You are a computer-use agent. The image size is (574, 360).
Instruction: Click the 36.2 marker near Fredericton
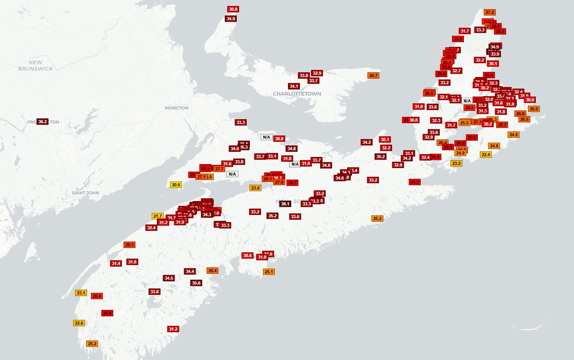click(43, 122)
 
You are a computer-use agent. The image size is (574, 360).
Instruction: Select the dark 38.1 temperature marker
click(285, 203)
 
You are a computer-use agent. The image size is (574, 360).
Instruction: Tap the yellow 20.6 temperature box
click(176, 185)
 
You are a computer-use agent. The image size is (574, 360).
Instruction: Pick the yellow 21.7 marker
click(158, 216)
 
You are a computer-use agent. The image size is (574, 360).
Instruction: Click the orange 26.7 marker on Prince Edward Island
click(373, 76)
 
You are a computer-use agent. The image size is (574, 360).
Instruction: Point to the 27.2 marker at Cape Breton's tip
click(489, 12)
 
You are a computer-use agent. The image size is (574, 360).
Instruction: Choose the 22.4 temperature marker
click(486, 155)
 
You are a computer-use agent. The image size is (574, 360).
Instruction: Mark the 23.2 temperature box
click(456, 163)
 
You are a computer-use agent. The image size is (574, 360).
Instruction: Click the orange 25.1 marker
click(268, 272)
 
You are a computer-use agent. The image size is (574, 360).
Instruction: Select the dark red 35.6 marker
click(196, 283)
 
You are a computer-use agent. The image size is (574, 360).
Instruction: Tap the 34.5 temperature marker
click(168, 278)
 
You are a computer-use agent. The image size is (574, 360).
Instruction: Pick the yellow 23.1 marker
click(80, 293)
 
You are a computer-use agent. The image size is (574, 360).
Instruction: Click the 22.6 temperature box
click(79, 323)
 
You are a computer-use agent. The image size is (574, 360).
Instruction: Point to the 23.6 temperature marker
click(255, 188)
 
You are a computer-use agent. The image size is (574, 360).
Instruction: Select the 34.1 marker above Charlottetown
click(294, 87)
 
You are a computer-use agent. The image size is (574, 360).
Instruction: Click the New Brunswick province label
click(35, 66)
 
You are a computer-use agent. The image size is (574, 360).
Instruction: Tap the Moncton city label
click(177, 108)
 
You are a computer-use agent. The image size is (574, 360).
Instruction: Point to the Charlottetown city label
click(297, 94)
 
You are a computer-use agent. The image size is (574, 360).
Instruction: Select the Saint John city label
click(86, 193)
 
